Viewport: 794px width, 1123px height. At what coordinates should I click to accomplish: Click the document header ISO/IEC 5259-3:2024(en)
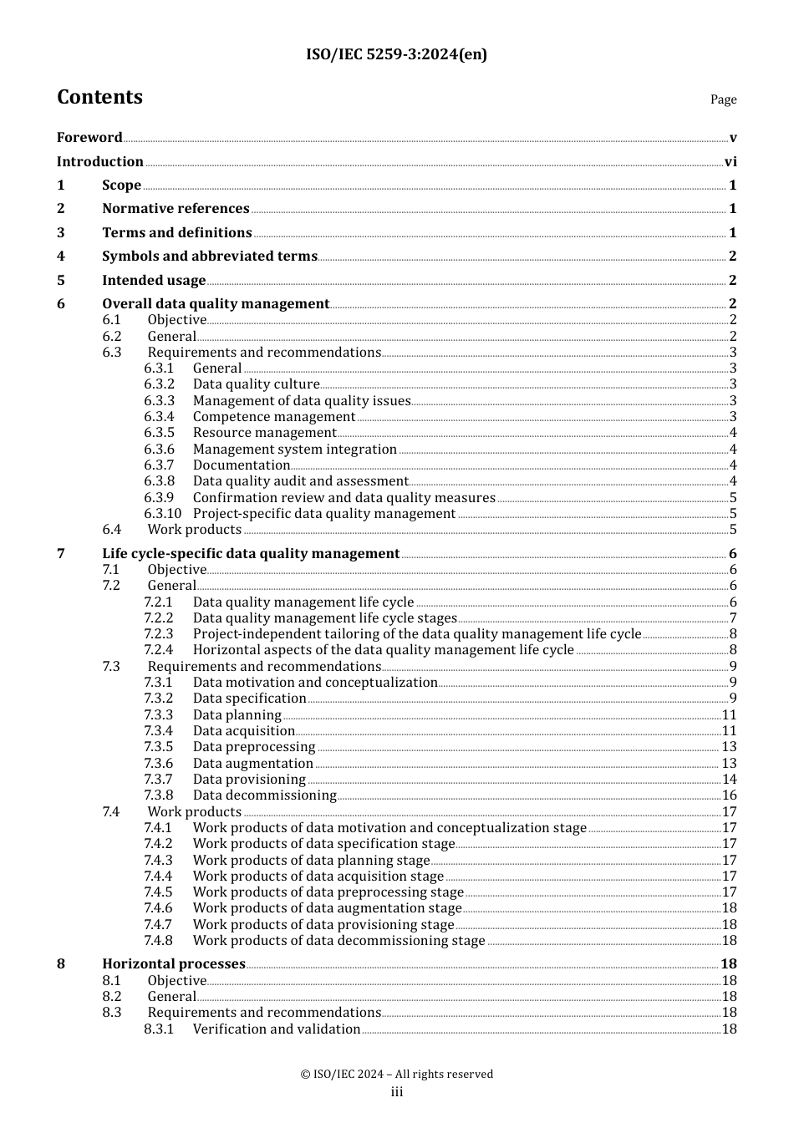396,55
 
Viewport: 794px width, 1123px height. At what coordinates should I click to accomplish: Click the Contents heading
99,97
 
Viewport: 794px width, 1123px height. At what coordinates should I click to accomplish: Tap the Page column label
723,99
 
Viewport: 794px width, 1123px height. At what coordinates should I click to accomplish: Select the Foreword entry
89,138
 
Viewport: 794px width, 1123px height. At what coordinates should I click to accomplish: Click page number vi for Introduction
730,162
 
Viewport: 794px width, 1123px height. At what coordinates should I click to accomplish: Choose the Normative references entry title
176,209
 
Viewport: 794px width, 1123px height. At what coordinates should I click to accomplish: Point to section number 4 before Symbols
61,257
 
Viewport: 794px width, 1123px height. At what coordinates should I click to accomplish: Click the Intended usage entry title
154,281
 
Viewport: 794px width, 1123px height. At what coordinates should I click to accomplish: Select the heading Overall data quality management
216,304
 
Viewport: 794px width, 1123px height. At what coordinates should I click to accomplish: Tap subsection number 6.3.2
159,384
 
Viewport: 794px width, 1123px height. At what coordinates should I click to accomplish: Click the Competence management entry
274,417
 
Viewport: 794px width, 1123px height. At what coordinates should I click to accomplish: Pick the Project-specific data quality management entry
324,514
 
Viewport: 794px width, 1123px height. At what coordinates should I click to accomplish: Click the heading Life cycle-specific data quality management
251,554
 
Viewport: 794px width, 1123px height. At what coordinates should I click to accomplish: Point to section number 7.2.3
159,634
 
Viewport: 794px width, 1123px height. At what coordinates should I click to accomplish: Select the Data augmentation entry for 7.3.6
253,764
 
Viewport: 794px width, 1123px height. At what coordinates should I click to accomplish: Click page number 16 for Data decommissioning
729,795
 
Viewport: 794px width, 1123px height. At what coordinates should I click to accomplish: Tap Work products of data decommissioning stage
338,941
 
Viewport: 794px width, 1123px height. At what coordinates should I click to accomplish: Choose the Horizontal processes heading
174,964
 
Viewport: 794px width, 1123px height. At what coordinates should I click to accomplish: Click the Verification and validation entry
277,1029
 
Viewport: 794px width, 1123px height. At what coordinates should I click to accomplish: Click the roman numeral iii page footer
397,1092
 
